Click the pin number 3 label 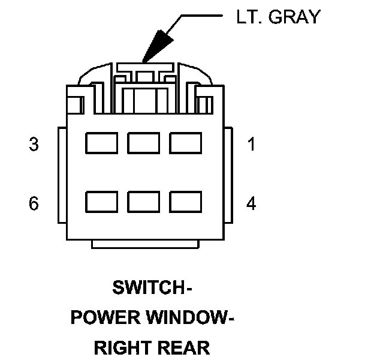34,145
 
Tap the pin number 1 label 252,145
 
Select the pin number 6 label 34,203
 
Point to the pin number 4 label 252,203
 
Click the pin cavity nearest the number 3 101,143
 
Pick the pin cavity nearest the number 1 186,143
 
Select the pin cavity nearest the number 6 101,202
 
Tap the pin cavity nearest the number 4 186,202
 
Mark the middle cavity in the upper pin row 143,143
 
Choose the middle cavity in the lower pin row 143,202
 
